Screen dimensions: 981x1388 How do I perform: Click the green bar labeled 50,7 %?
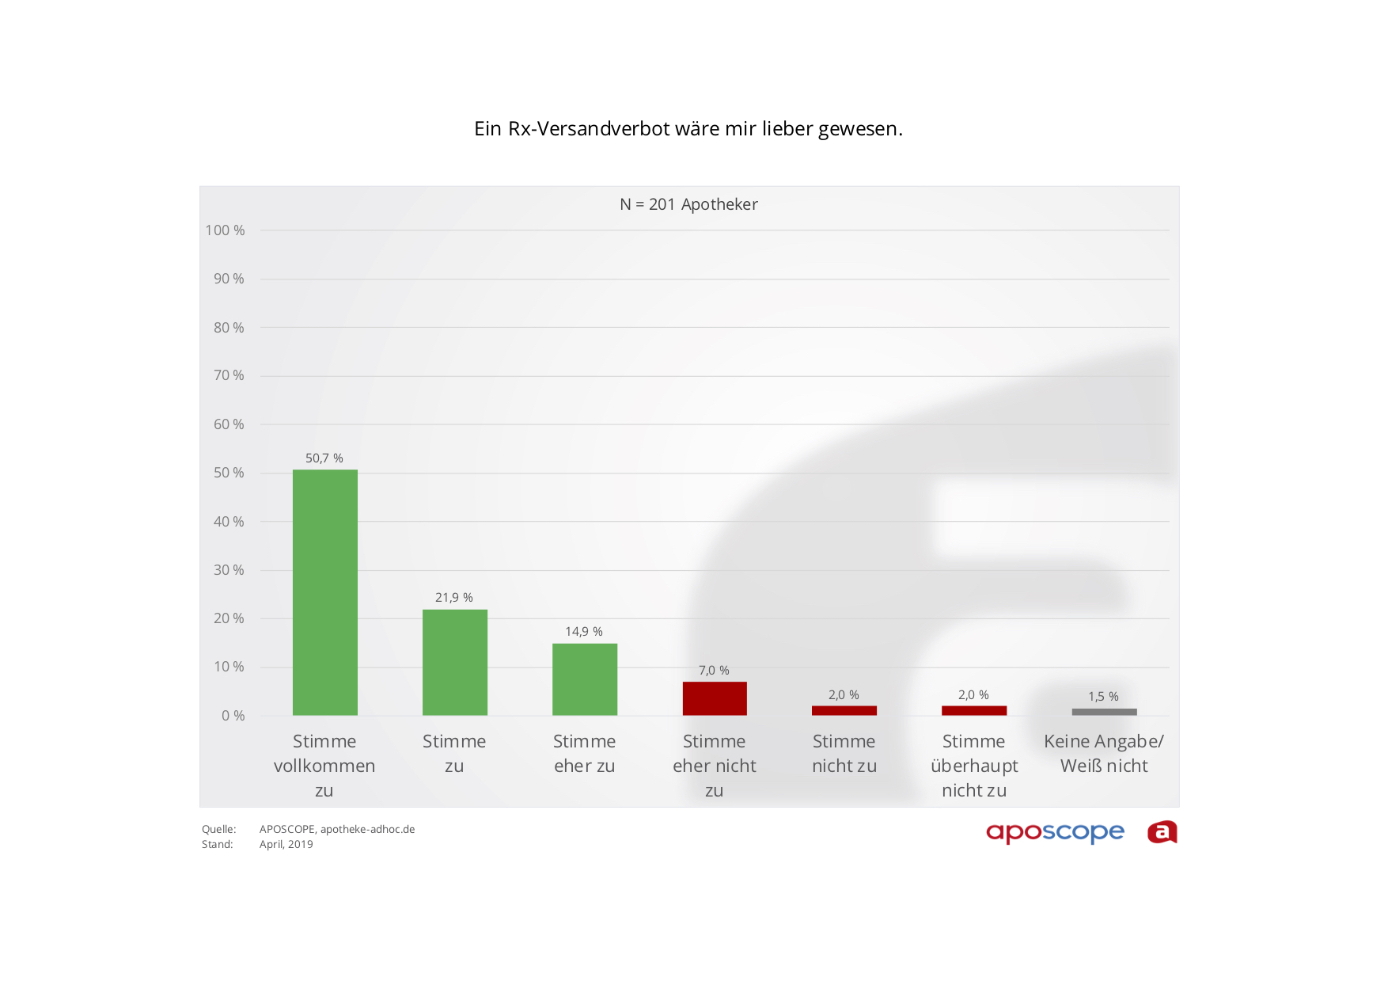click(x=324, y=592)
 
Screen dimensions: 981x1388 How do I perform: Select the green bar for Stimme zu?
click(x=454, y=662)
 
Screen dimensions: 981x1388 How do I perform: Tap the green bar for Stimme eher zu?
click(x=584, y=679)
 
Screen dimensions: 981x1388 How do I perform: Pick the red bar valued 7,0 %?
click(x=714, y=698)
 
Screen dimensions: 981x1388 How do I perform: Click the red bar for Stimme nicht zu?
click(x=844, y=710)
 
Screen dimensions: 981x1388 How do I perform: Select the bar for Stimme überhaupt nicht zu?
click(x=973, y=710)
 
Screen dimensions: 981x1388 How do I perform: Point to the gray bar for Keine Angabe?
click(x=1104, y=712)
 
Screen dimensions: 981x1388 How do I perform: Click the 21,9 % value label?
click(x=454, y=598)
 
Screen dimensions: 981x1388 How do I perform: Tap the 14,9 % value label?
click(x=584, y=632)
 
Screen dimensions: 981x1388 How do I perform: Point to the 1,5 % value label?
click(x=1103, y=697)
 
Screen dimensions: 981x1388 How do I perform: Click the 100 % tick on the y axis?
click(x=226, y=230)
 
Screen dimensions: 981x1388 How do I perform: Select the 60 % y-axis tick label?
click(x=229, y=424)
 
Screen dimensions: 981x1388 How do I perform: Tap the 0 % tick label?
click(x=233, y=716)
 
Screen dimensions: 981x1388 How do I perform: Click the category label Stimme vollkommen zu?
click(x=324, y=766)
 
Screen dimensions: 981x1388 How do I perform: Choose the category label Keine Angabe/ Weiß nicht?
click(x=1104, y=754)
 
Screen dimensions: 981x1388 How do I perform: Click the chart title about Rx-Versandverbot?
click(x=688, y=129)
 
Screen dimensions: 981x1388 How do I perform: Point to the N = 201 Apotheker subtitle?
click(x=688, y=204)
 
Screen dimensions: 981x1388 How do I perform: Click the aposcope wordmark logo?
click(x=1055, y=833)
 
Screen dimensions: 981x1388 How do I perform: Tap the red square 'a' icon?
click(x=1162, y=832)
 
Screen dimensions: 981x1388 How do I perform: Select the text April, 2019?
click(x=286, y=845)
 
